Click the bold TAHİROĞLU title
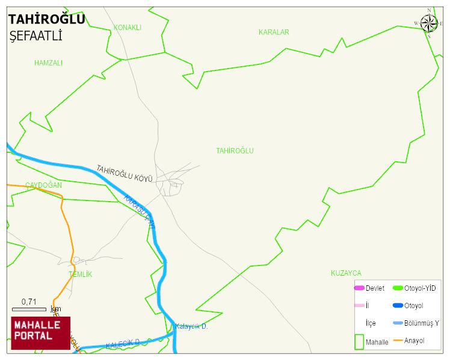tap(46, 20)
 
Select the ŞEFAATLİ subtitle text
tap(36, 37)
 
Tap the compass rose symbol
tap(429, 23)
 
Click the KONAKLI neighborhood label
tap(128, 28)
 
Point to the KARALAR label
tap(274, 32)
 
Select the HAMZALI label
tap(48, 63)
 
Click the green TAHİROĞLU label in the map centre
tap(235, 151)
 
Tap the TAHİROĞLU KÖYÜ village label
tap(125, 173)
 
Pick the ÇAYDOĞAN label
tap(43, 185)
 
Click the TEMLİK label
tap(80, 275)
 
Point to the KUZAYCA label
tap(346, 273)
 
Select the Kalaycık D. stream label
tap(191, 326)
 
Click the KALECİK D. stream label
tap(123, 344)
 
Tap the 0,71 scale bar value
tap(29, 302)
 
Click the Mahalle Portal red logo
tap(40, 333)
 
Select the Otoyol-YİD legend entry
tap(419, 288)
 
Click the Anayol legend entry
tap(414, 341)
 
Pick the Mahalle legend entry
tap(377, 342)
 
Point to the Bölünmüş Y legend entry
tap(421, 323)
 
